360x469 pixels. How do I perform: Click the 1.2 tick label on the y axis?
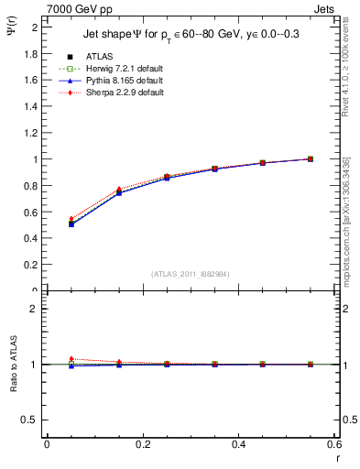[32, 133]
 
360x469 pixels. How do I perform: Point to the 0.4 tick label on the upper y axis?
[32, 239]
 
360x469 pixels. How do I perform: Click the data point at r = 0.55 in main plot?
[311, 158]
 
